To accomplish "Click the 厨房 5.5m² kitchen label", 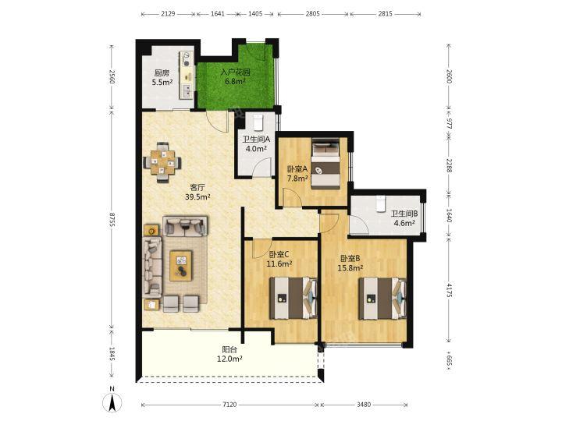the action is [162, 78].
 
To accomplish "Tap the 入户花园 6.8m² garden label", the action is [235, 76].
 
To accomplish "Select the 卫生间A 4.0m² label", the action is [256, 144].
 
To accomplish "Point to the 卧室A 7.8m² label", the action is [297, 173].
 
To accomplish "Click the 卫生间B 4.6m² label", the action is [404, 218].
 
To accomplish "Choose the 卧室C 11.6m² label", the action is [279, 259].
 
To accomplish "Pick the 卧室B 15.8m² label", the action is [350, 263].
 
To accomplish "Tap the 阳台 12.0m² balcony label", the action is [229, 354].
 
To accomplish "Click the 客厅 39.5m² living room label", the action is [197, 192].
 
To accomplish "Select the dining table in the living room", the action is [162, 162].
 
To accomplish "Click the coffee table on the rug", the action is [181, 266].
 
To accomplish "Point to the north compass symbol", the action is [112, 402].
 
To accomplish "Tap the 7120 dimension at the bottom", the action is [229, 405].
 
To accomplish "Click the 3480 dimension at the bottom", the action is [364, 405].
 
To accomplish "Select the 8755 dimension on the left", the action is [112, 220].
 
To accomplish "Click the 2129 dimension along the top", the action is [168, 14].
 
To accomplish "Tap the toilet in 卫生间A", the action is [258, 122].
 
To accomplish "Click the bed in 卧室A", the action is [325, 164].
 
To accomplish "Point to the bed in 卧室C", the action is [293, 298].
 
